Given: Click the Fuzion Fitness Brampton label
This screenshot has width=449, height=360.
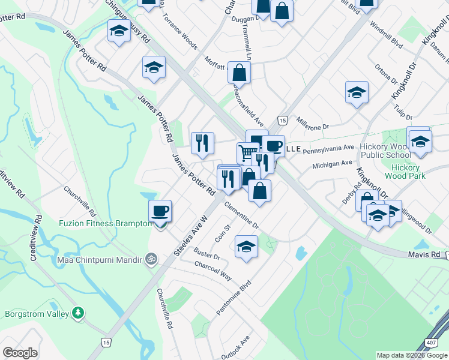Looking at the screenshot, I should pyautogui.click(x=106, y=223).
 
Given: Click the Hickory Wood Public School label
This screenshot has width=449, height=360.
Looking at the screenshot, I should pyautogui.click(x=390, y=151).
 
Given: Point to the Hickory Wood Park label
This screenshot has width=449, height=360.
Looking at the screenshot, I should pyautogui.click(x=408, y=172).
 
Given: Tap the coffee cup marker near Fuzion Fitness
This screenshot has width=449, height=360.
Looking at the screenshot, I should pyautogui.click(x=160, y=211).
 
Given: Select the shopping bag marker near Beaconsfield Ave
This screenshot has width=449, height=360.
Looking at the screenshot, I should pyautogui.click(x=239, y=73).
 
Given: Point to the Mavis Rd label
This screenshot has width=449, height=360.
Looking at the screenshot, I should pyautogui.click(x=427, y=255).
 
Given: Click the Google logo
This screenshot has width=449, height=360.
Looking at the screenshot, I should pyautogui.click(x=20, y=352).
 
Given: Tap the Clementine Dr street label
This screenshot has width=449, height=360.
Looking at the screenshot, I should pyautogui.click(x=242, y=216).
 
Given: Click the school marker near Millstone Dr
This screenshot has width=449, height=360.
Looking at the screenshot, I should pyautogui.click(x=357, y=92).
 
